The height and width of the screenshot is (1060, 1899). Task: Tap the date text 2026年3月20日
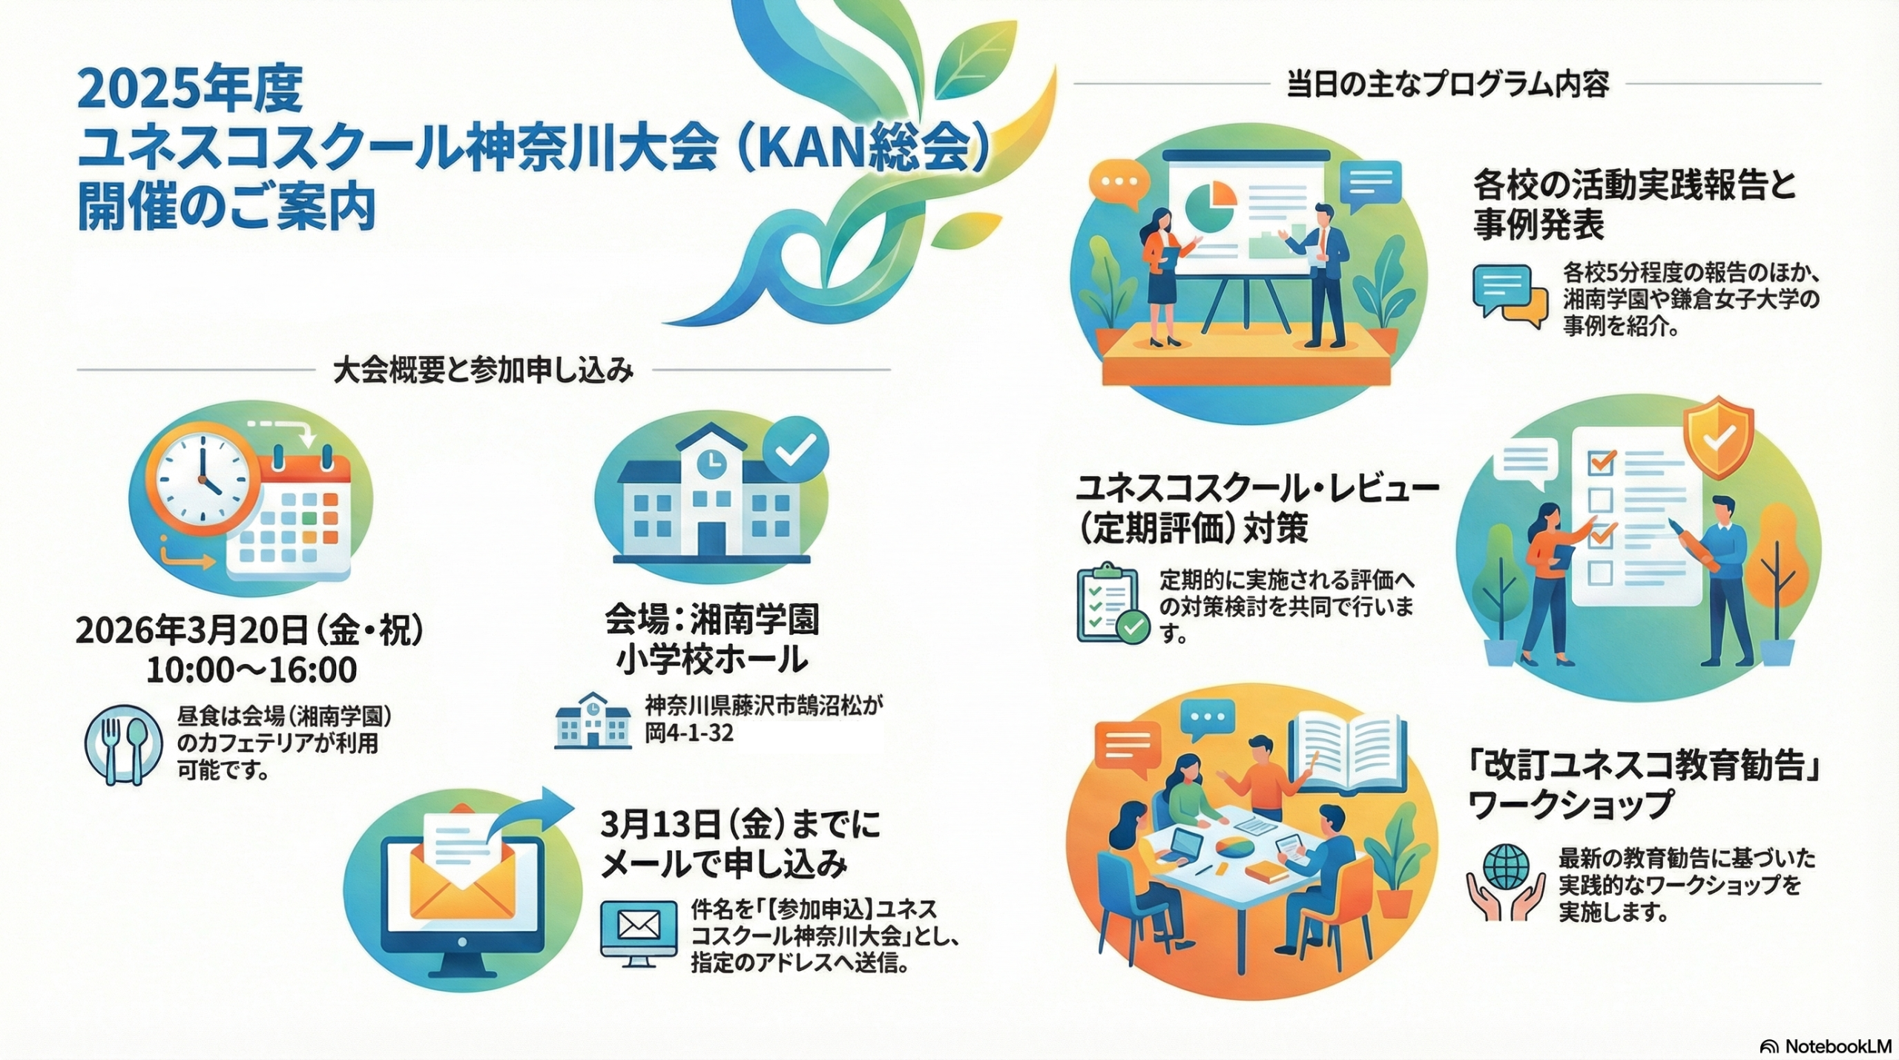pyautogui.click(x=191, y=631)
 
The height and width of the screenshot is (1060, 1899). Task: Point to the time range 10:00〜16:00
pyautogui.click(x=251, y=670)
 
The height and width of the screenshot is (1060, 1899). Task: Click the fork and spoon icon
pyautogui.click(x=123, y=744)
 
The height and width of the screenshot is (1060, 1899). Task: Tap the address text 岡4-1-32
pyautogui.click(x=689, y=733)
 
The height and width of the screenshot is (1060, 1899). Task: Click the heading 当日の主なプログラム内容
pyautogui.click(x=1447, y=85)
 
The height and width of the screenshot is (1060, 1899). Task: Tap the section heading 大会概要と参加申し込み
pyautogui.click(x=483, y=371)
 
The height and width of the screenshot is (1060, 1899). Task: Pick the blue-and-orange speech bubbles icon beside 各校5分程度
pyautogui.click(x=1510, y=296)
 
